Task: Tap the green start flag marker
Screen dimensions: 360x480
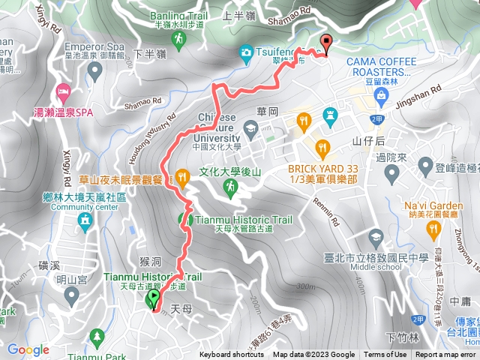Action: [x=154, y=299]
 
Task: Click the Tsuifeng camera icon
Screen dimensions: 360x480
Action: [x=246, y=52]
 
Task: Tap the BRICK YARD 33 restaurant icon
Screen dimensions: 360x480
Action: [x=323, y=146]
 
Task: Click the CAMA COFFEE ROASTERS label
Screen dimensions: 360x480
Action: [x=370, y=66]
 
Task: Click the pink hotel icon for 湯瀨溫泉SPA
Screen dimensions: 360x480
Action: [x=62, y=93]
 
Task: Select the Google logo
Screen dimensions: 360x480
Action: [x=28, y=349]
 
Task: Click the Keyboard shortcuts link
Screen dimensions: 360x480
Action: [x=231, y=355]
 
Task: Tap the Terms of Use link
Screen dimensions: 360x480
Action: [x=385, y=355]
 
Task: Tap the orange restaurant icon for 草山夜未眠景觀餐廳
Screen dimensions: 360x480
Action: [x=182, y=177]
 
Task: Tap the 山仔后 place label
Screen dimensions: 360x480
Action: [x=369, y=140]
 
